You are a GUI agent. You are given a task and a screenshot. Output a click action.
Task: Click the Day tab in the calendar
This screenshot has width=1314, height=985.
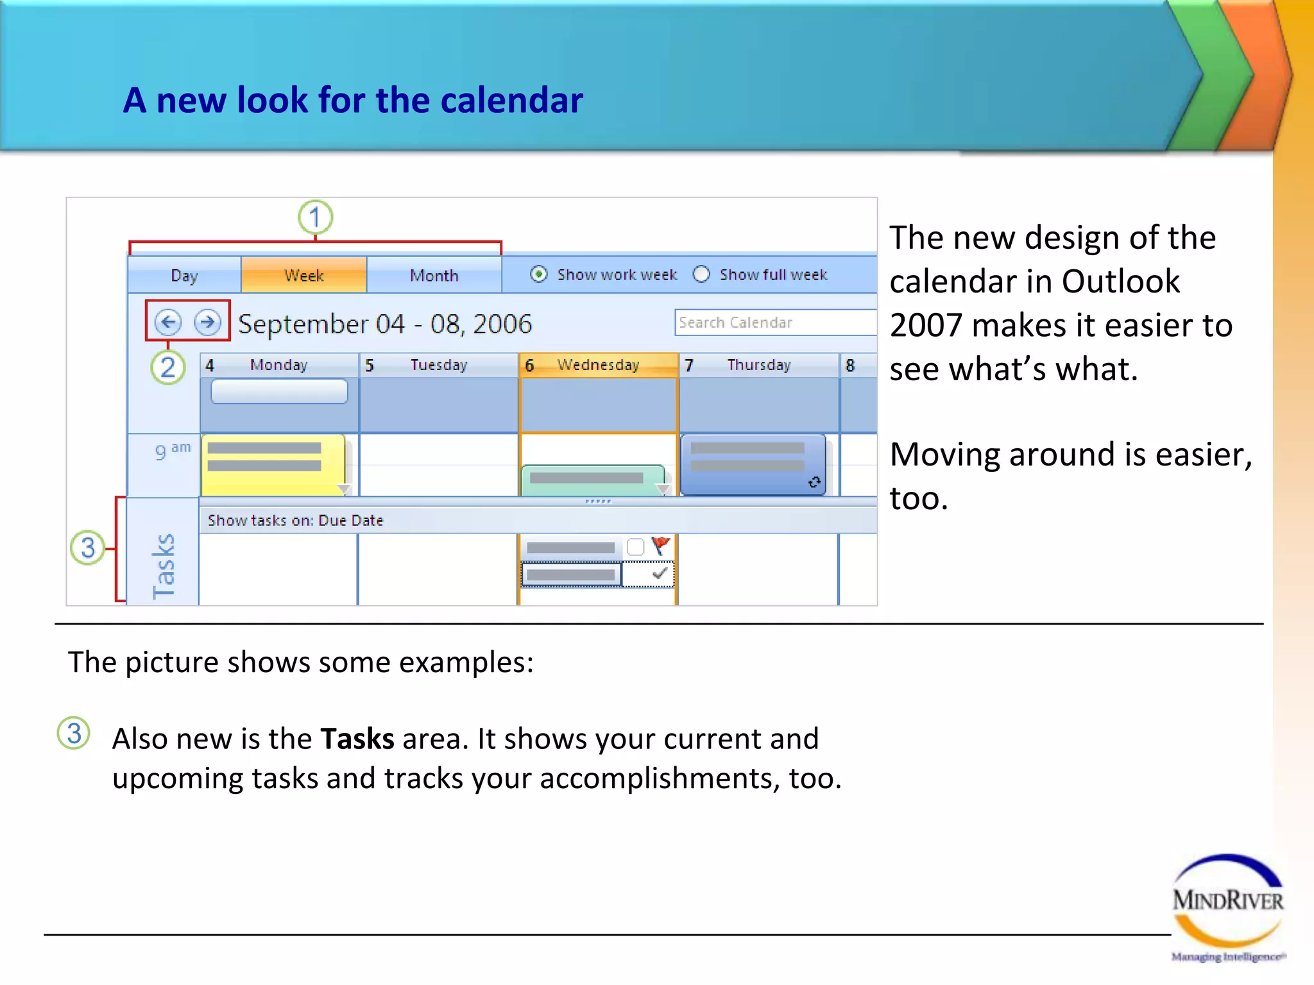(184, 275)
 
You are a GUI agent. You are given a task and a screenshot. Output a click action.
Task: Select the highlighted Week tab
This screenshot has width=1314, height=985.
(303, 275)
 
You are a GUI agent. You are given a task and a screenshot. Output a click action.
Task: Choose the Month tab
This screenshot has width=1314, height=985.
(434, 275)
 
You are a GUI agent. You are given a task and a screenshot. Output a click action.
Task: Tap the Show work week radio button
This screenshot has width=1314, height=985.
(539, 274)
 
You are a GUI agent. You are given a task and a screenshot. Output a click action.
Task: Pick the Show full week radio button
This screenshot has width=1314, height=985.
(701, 274)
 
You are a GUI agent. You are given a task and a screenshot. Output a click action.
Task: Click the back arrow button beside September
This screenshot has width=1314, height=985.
(168, 321)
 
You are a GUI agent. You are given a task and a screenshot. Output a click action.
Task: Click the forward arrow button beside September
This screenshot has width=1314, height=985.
(207, 321)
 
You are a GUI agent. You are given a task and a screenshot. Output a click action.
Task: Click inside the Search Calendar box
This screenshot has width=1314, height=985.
(773, 323)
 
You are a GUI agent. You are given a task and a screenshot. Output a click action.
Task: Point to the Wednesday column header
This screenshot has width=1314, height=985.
(597, 365)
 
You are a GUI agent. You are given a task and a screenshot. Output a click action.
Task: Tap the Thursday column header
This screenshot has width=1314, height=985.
(758, 365)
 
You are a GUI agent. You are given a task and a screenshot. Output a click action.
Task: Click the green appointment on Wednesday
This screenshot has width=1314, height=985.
(592, 480)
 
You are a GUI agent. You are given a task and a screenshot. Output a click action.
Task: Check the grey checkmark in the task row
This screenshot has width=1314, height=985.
(659, 573)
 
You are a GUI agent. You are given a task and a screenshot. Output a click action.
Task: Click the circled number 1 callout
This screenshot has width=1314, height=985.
(315, 217)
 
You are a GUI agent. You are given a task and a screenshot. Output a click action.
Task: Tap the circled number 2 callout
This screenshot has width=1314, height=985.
(168, 367)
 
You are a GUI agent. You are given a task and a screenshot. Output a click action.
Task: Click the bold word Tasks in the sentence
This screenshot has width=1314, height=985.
(357, 739)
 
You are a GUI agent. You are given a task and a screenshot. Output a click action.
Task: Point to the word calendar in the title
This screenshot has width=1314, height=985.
(511, 101)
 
